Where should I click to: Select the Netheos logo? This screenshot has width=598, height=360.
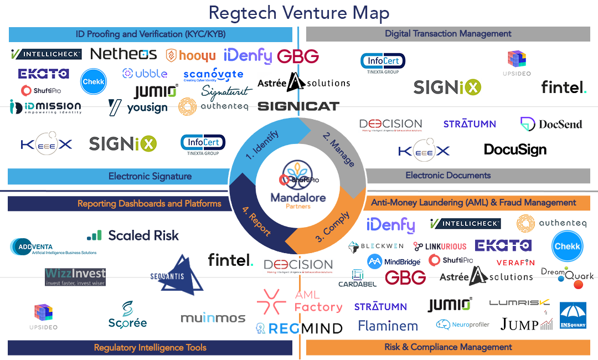pyautogui.click(x=123, y=54)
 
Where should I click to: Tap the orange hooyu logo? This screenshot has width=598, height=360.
pyautogui.click(x=190, y=55)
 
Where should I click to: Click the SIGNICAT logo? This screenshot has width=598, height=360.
pyautogui.click(x=298, y=106)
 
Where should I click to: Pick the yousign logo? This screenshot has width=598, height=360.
pyautogui.click(x=138, y=107)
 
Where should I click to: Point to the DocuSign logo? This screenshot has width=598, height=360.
pyautogui.click(x=515, y=149)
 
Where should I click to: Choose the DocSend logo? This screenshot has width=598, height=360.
pyautogui.click(x=551, y=124)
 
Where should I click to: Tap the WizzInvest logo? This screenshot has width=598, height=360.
pyautogui.click(x=75, y=276)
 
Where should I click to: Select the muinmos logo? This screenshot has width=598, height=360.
pyautogui.click(x=213, y=318)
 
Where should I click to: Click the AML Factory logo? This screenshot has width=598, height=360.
pyautogui.click(x=300, y=301)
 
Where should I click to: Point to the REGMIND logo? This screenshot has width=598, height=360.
pyautogui.click(x=299, y=328)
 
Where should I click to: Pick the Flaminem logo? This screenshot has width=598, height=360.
pyautogui.click(x=388, y=326)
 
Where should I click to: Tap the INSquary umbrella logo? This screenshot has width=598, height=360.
pyautogui.click(x=573, y=316)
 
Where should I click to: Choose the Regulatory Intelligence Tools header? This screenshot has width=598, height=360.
pyautogui.click(x=149, y=348)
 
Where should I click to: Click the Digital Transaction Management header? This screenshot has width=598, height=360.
pyautogui.click(x=448, y=34)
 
